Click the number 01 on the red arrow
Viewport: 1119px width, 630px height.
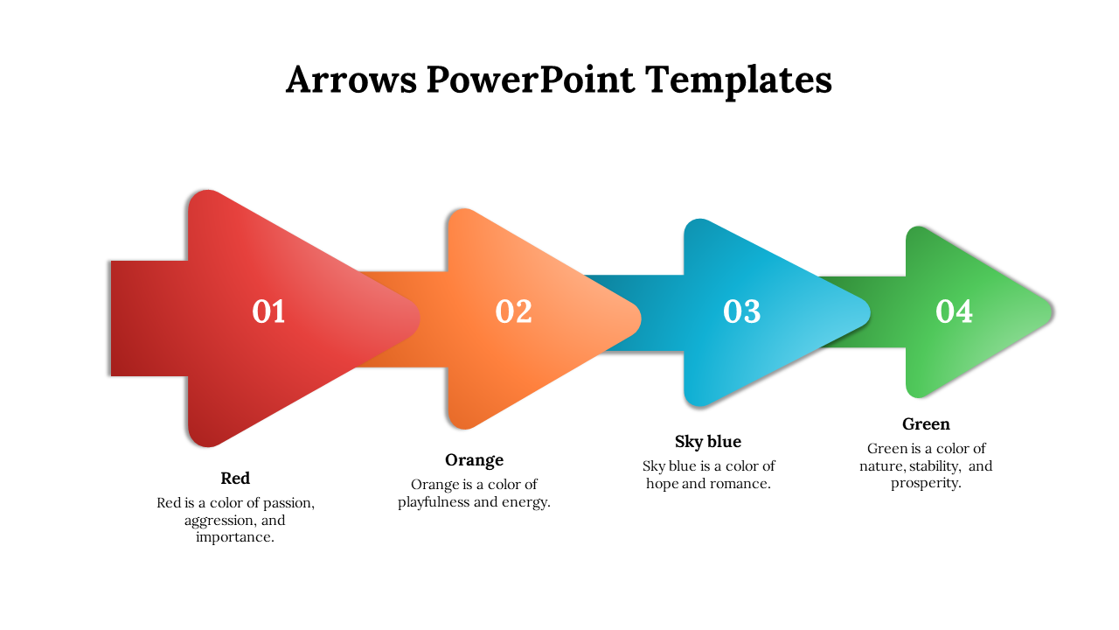coord(268,311)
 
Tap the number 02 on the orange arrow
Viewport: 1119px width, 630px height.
coord(513,311)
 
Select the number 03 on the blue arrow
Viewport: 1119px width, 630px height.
coord(741,311)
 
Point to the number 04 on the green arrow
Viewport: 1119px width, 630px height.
coord(954,311)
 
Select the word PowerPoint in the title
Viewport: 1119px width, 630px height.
coord(531,80)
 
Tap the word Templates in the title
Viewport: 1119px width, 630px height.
coord(739,80)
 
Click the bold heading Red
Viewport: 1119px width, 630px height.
coord(235,478)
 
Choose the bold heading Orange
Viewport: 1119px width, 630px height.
coord(474,459)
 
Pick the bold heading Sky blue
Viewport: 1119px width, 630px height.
coord(707,441)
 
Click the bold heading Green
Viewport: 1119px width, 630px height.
coord(926,423)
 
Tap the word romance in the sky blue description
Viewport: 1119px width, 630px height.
coord(740,483)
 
